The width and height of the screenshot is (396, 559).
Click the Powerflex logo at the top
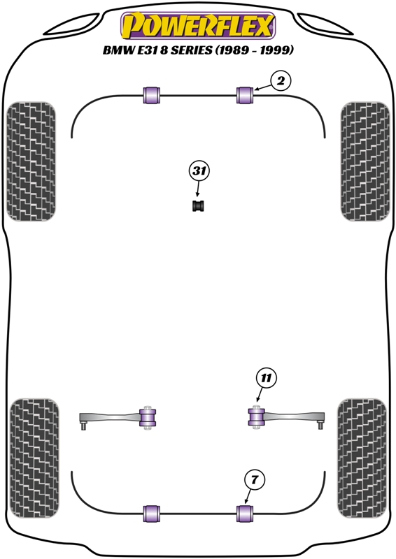(198, 26)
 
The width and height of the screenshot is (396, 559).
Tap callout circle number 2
(281, 81)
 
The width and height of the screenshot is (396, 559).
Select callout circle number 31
(199, 171)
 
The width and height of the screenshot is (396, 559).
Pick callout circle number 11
(266, 377)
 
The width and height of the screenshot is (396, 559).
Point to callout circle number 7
(254, 480)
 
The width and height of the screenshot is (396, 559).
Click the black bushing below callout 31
(198, 206)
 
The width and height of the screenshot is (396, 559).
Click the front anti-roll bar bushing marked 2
(245, 95)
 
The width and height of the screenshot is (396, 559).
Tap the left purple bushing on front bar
(151, 95)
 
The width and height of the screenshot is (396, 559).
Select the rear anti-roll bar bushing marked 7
(245, 514)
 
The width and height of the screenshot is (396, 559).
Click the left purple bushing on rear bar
(151, 514)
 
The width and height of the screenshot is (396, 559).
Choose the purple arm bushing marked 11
(256, 417)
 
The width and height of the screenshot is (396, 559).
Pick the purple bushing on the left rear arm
(148, 417)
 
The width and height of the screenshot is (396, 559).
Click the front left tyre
(31, 161)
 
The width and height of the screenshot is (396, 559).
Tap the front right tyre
(365, 161)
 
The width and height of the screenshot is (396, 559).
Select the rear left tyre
(34, 458)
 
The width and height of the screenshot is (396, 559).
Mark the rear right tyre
(362, 458)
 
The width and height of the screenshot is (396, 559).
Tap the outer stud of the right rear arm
(320, 424)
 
